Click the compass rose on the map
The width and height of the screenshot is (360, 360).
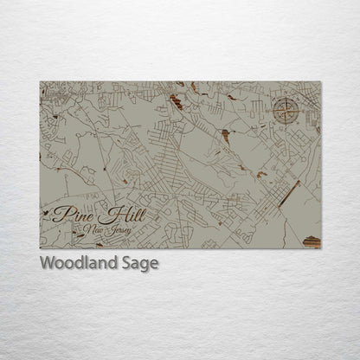click(x=284, y=110)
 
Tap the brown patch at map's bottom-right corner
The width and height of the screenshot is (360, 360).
click(x=312, y=242)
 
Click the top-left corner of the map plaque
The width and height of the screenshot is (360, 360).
click(x=40, y=82)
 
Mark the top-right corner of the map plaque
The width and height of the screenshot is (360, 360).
click(x=320, y=82)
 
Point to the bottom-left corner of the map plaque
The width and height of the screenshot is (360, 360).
click(x=40, y=248)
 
